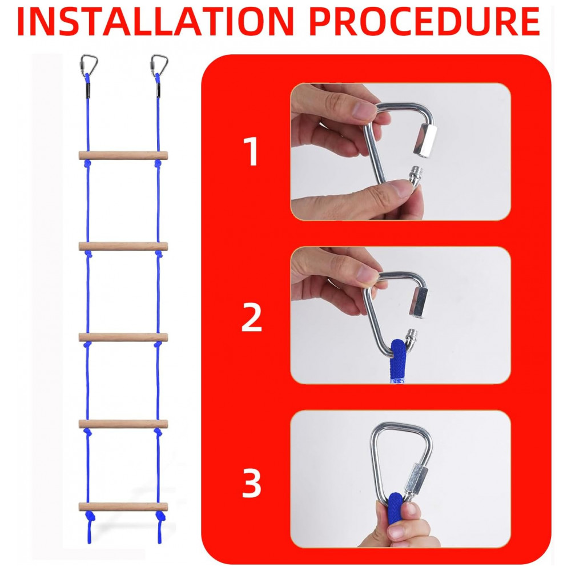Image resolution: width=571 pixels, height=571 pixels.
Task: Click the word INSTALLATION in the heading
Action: point(155,22)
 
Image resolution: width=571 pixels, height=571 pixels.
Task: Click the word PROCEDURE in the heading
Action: point(424,22)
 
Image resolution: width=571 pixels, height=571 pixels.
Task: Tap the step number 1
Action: point(252,151)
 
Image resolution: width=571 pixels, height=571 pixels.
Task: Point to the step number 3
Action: point(252,483)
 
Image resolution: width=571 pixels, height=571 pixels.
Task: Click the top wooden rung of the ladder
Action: point(123,155)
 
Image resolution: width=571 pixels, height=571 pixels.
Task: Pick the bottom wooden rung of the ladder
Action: point(123,507)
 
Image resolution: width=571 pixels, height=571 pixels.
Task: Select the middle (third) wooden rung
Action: point(123,337)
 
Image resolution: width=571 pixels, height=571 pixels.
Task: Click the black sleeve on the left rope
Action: point(88,90)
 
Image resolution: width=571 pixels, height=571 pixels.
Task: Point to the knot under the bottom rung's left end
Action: point(89,516)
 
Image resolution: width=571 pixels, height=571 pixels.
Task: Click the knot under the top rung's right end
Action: point(158,164)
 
